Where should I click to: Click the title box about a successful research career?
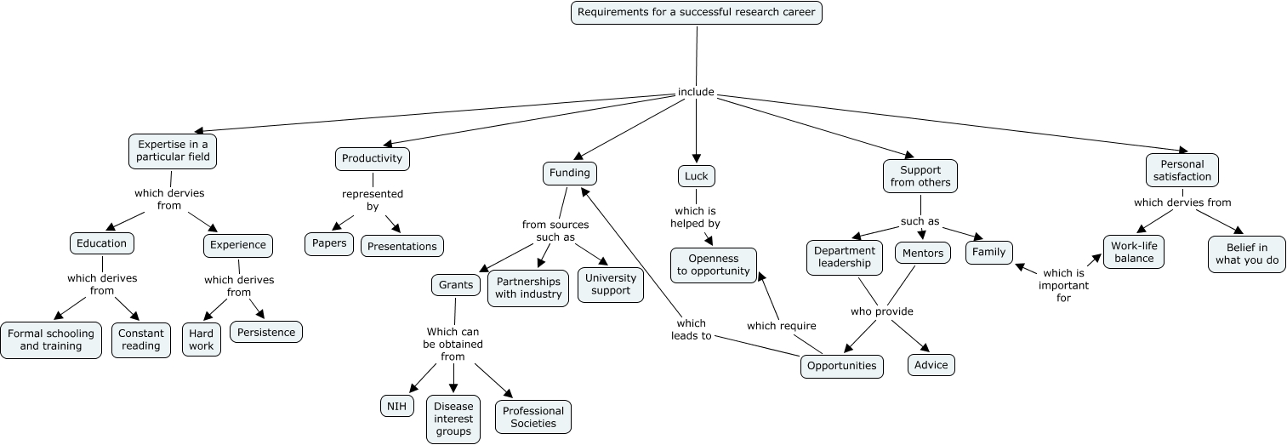[x=697, y=13]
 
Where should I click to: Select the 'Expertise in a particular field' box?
[x=173, y=151]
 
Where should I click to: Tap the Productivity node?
[x=372, y=159]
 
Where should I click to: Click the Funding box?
[x=570, y=174]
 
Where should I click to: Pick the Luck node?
[x=697, y=176]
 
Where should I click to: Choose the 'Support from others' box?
[x=920, y=176]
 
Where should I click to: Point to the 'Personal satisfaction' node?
[x=1182, y=170]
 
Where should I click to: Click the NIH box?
[x=396, y=407]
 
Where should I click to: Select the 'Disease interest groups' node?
[x=453, y=419]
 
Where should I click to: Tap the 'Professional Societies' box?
[x=533, y=417]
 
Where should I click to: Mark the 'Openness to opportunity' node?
[x=714, y=265]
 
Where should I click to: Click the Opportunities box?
[x=842, y=366]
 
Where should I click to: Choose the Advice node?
[x=931, y=365]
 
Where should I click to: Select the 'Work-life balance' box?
[x=1134, y=253]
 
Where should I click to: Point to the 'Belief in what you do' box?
[x=1246, y=254]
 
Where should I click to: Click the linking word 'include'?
[x=696, y=92]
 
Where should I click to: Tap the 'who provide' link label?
[x=882, y=311]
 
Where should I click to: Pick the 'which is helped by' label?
[x=696, y=217]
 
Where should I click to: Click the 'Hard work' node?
[x=202, y=339]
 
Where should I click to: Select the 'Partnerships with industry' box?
[x=528, y=288]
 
